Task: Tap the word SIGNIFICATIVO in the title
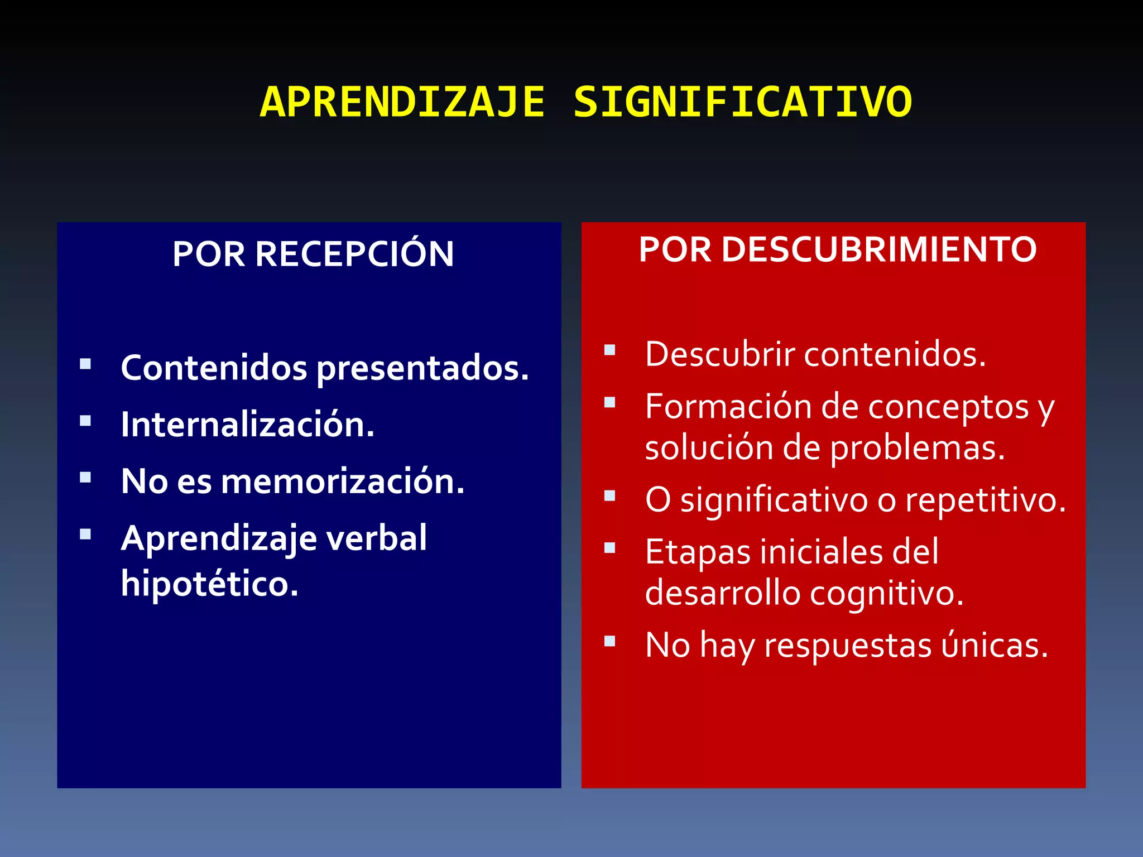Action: tap(742, 103)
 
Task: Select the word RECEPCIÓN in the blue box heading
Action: tap(354, 254)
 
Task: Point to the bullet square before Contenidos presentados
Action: tap(85, 364)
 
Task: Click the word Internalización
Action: tap(247, 425)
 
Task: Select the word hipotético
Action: tap(209, 584)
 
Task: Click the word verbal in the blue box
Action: tap(376, 538)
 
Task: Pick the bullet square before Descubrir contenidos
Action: tap(609, 350)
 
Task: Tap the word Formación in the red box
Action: tap(728, 407)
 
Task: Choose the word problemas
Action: tap(918, 448)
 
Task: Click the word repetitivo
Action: tap(985, 500)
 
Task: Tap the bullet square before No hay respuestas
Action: tap(609, 641)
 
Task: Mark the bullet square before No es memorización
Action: tap(85, 478)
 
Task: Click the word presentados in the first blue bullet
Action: tap(422, 369)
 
